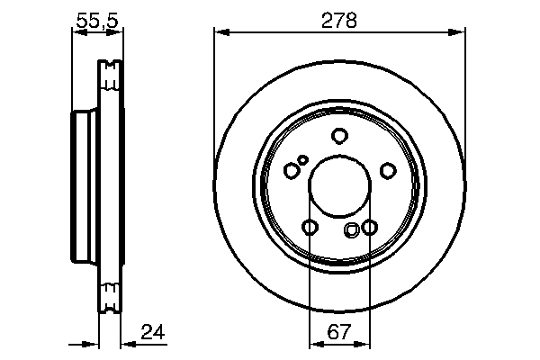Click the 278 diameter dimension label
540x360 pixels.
[340, 20]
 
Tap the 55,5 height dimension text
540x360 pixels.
[95, 20]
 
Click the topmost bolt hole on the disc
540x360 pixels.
[339, 136]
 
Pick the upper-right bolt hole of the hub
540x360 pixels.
[388, 170]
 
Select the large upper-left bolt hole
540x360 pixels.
[291, 170]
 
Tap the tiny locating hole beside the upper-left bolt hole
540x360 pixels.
[303, 160]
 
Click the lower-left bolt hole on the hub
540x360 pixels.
[310, 228]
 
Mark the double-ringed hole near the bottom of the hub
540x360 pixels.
[352, 230]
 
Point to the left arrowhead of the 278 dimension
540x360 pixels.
[219, 33]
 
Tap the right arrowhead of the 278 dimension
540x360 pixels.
[460, 33]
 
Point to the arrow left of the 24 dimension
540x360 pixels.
[91, 343]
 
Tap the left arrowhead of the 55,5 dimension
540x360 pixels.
[76, 33]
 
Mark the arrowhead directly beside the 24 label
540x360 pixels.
[127, 343]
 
